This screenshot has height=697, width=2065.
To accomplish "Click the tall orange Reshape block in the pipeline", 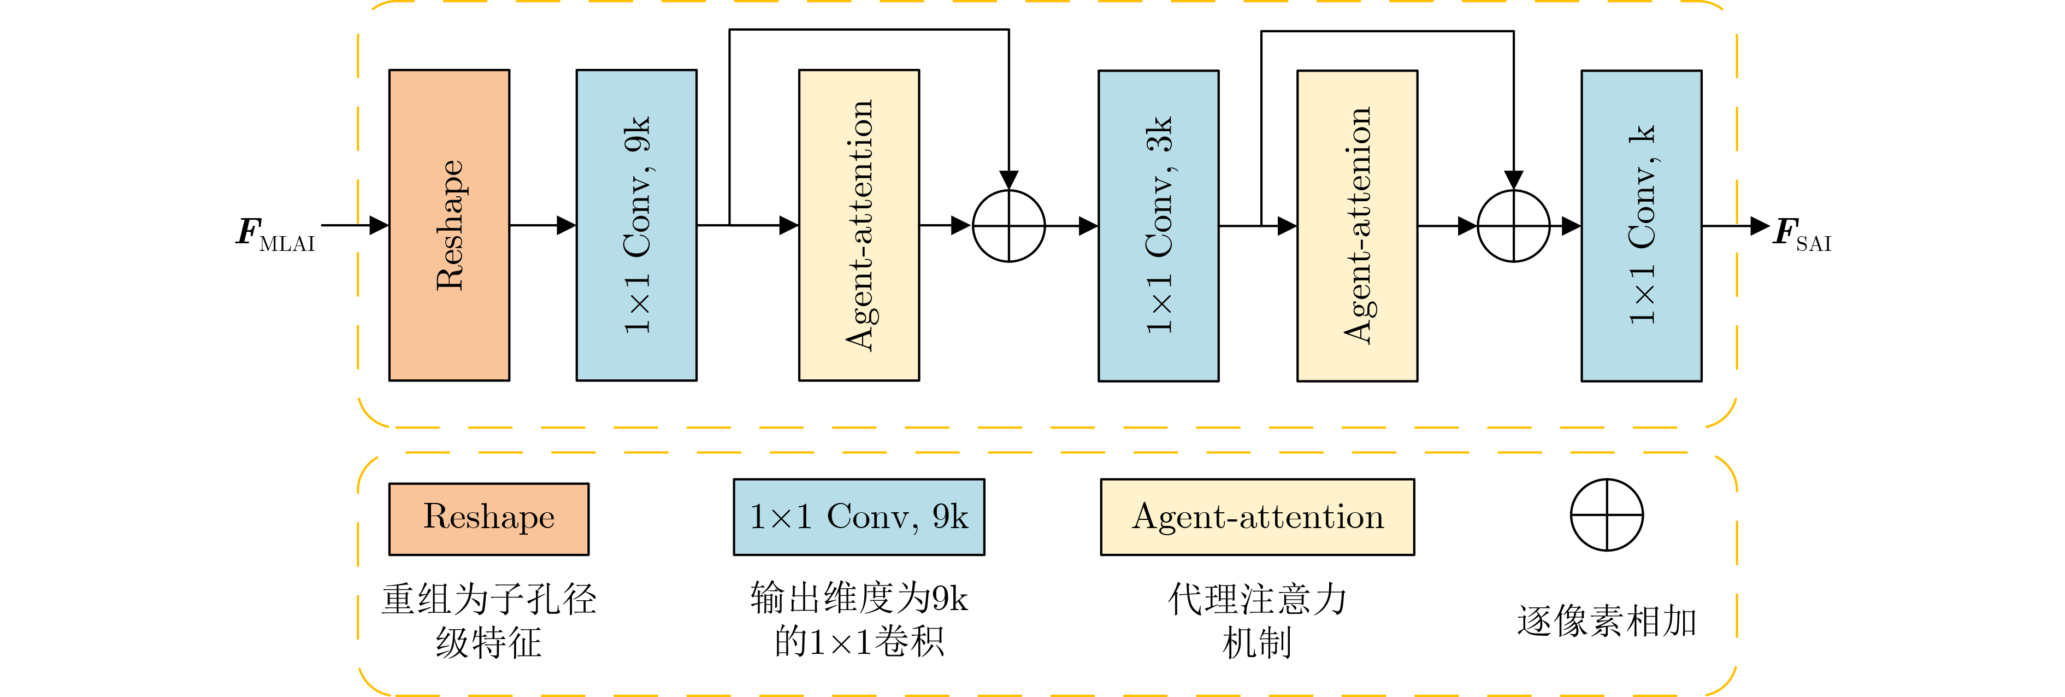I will tap(449, 225).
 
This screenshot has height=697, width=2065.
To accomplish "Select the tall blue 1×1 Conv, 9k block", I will tap(636, 225).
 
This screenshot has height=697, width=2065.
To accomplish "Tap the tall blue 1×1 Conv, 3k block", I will tap(1158, 225).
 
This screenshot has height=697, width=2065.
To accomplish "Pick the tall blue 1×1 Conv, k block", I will tap(1641, 225).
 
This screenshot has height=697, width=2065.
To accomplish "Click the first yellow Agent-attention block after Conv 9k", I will tap(859, 225).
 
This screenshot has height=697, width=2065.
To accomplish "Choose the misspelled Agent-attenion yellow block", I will tap(1357, 225).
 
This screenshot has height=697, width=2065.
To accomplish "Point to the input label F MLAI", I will tap(275, 233).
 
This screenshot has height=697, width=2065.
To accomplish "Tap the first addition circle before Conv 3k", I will tap(1008, 225).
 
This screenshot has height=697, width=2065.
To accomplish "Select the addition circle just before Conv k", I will tap(1513, 225).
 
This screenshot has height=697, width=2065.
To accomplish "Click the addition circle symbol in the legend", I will tap(1607, 515).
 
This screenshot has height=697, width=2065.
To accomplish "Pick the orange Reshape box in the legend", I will tap(489, 518).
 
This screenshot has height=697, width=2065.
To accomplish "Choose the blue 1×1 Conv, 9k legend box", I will tap(859, 517).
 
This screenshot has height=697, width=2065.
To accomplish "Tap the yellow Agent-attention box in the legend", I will tap(1257, 517).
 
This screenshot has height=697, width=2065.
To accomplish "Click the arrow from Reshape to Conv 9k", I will tap(542, 225).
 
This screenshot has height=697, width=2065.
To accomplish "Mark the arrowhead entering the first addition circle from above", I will tap(1008, 180).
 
